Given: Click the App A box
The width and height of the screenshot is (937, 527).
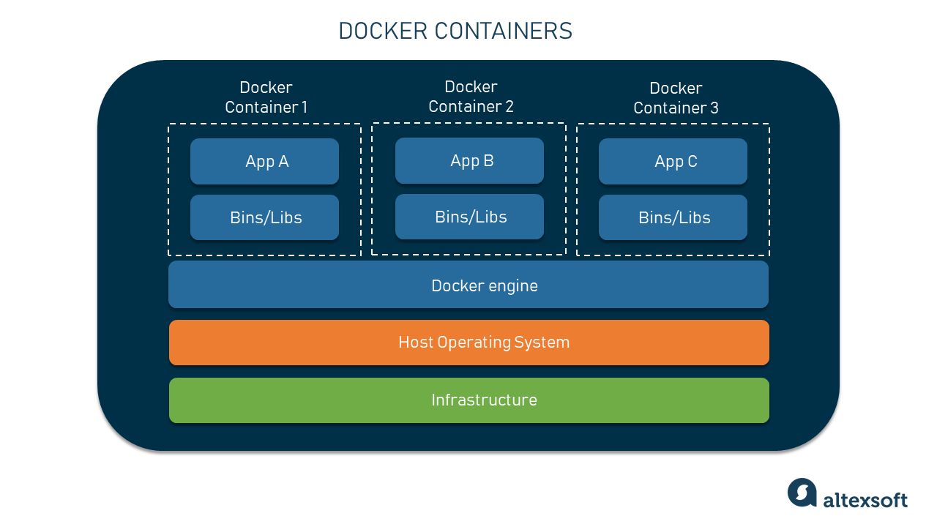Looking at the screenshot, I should coord(264,162).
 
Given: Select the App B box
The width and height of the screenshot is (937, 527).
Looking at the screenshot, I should coord(469,161).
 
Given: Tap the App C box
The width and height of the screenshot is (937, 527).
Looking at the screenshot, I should coord(673,162).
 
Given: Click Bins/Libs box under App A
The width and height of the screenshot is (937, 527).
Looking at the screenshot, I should coord(264,217).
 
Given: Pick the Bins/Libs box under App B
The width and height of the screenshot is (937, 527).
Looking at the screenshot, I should coord(469,217).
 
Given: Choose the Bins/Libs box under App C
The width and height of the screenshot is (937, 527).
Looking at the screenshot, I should coord(673,217).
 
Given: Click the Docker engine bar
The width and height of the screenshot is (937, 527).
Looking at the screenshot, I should coord(468,285).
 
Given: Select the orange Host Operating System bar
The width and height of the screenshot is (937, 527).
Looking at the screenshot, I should coord(468,343).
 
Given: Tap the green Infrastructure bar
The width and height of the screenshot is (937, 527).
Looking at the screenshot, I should coord(468,400).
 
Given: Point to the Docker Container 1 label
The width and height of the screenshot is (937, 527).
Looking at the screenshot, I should coord(266,97).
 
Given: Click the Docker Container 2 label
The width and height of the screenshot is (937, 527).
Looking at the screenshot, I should coord(471,97).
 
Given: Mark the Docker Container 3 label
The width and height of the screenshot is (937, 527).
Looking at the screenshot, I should coord(676,98).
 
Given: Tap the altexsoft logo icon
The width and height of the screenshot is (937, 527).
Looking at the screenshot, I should coord(802,493).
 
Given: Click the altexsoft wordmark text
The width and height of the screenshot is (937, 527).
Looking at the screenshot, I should coord(865,501).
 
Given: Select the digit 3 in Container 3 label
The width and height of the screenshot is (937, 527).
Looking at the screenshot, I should coord(714,108).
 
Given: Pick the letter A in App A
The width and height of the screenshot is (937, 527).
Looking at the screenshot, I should coord(283,162).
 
